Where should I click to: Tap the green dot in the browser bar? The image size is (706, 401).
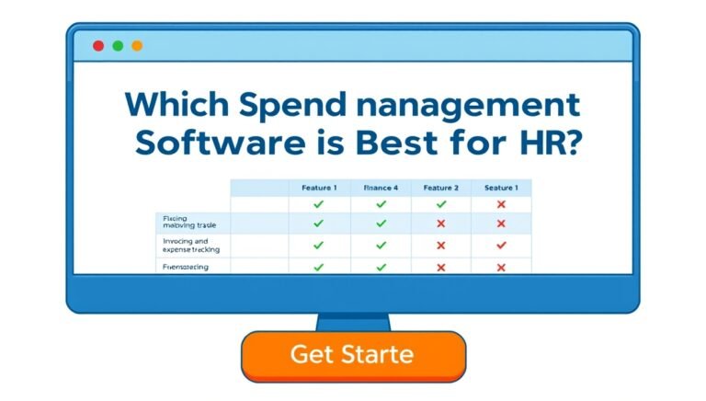click(118, 45)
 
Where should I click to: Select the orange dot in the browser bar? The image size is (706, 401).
click(137, 45)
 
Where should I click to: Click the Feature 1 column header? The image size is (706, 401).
click(319, 188)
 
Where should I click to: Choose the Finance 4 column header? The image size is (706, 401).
click(381, 188)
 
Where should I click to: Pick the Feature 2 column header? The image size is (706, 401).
click(440, 188)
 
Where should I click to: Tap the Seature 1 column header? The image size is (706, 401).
click(501, 188)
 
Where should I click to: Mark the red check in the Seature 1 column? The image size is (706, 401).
click(501, 246)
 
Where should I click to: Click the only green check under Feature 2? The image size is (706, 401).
click(440, 204)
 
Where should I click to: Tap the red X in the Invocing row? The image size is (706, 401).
click(440, 246)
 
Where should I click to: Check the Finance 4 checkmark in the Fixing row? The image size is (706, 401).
click(381, 223)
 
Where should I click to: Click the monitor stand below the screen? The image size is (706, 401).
click(353, 322)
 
